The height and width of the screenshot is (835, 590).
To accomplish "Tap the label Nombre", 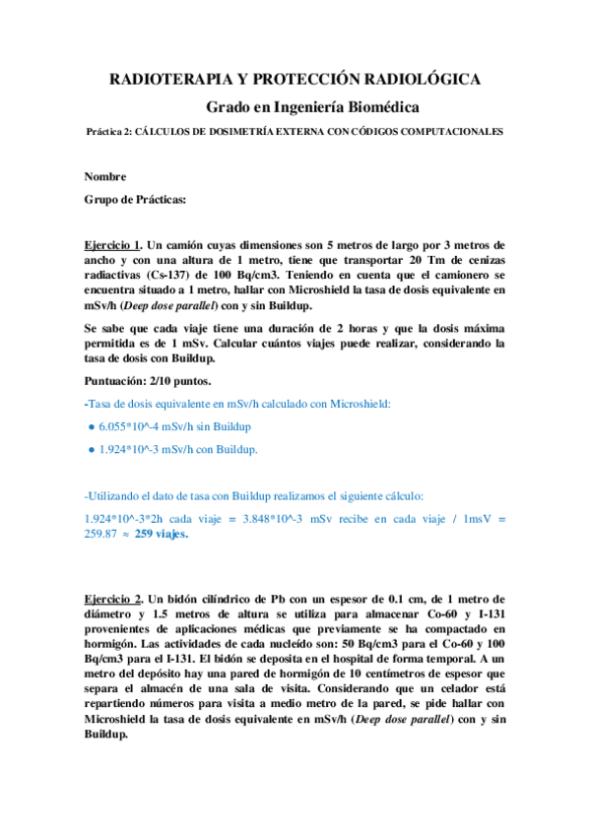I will point(105,177).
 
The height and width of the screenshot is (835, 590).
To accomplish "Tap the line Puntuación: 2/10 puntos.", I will point(152,378).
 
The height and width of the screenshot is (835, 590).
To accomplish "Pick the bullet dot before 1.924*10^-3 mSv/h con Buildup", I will point(91,449).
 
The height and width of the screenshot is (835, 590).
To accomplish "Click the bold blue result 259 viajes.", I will point(161,536).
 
